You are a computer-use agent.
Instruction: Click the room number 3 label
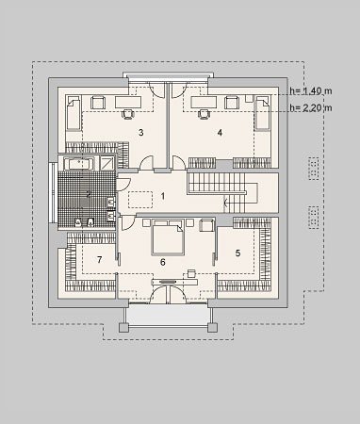(x=141, y=133)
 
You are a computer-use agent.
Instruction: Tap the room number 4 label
(x=220, y=133)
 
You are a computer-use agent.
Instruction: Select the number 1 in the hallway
(x=163, y=196)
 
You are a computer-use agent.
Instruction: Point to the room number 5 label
(x=237, y=253)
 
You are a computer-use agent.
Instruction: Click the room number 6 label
(x=162, y=262)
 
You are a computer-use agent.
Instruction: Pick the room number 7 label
(x=100, y=260)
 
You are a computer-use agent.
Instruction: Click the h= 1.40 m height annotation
(x=311, y=91)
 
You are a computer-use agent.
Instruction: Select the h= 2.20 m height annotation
(x=311, y=107)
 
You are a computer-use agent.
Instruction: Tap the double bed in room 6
(x=168, y=237)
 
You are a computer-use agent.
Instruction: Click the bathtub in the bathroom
(x=78, y=164)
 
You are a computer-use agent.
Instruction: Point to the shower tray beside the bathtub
(x=107, y=164)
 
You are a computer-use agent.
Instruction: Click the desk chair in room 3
(x=128, y=114)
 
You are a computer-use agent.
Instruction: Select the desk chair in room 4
(x=204, y=114)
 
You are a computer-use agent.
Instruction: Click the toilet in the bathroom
(x=90, y=222)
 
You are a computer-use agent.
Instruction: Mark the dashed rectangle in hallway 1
(x=140, y=200)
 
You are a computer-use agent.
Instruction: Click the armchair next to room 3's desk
(x=98, y=103)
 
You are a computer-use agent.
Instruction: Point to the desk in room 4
(x=204, y=102)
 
